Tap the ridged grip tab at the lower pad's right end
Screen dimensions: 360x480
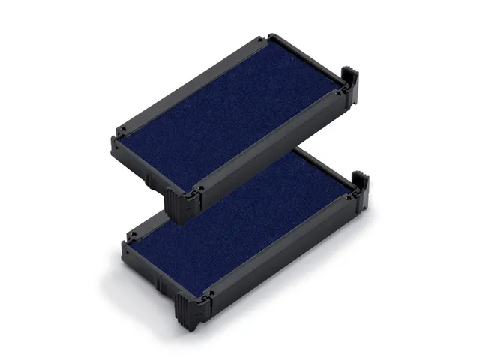(x=361, y=188)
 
